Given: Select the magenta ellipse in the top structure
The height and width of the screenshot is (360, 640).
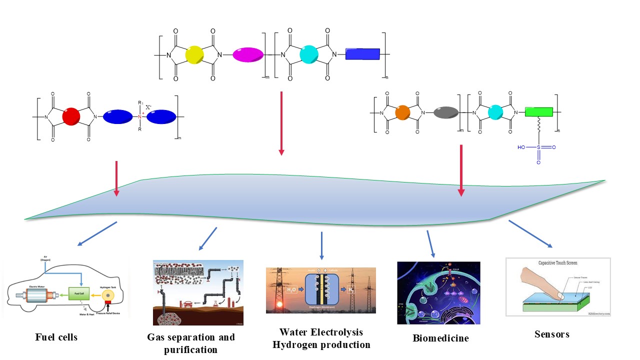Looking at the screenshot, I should [248, 54].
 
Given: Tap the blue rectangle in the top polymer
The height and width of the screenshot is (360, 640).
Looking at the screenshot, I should [363, 54].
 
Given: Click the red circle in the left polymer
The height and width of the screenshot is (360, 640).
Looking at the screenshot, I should [71, 117].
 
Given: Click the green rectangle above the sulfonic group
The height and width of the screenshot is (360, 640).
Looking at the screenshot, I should [538, 112].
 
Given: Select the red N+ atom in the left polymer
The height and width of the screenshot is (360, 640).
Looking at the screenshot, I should [139, 117].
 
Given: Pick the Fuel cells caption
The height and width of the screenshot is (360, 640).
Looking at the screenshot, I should [56, 337].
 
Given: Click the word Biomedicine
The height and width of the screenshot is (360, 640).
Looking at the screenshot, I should [440, 338].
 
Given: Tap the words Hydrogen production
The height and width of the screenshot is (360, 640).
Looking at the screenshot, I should [321, 345].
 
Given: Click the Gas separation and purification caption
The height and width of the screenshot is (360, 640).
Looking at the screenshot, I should [190, 343].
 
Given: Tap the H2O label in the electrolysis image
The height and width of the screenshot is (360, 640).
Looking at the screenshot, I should [292, 289].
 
